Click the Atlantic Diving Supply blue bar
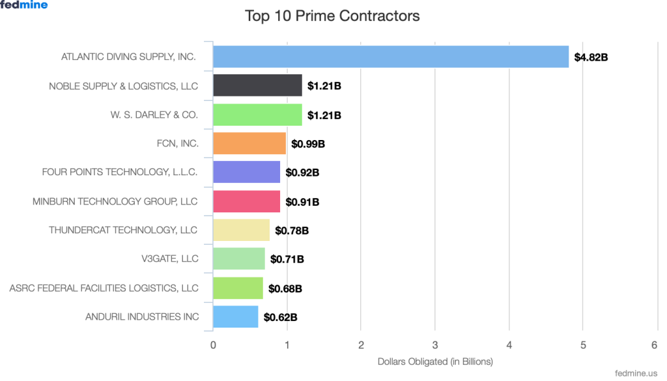(x=391, y=57)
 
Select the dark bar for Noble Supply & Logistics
(x=257, y=85)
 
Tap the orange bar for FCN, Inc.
(x=249, y=143)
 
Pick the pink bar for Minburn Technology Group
(x=246, y=201)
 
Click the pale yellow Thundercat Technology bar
(x=241, y=230)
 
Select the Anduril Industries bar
(x=235, y=317)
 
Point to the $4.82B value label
(x=591, y=57)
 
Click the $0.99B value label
(x=308, y=144)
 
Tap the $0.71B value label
(x=287, y=259)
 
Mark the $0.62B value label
(x=281, y=317)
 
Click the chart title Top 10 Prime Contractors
(x=332, y=16)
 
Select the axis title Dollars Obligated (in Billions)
(x=435, y=361)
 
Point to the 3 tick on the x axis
(x=435, y=345)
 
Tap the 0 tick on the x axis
(x=213, y=345)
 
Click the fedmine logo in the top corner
(x=24, y=5)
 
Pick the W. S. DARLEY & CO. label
(x=154, y=115)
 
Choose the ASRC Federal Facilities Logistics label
(x=104, y=288)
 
